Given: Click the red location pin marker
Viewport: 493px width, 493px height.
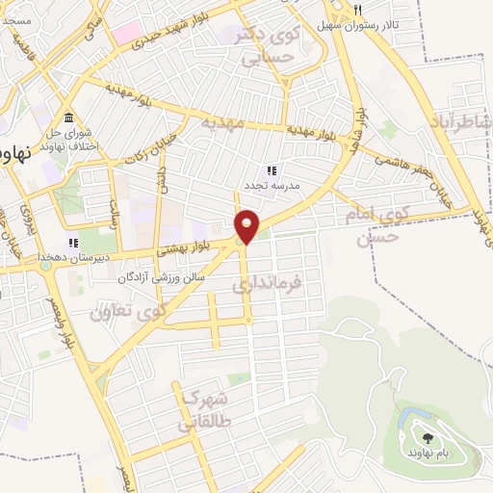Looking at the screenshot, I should [x=247, y=225].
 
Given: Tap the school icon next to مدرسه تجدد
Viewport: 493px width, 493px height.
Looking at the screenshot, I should [x=271, y=169].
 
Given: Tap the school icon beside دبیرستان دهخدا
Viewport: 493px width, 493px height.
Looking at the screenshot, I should [x=71, y=243].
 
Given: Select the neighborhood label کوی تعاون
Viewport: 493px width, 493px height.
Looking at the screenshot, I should [x=128, y=311].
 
